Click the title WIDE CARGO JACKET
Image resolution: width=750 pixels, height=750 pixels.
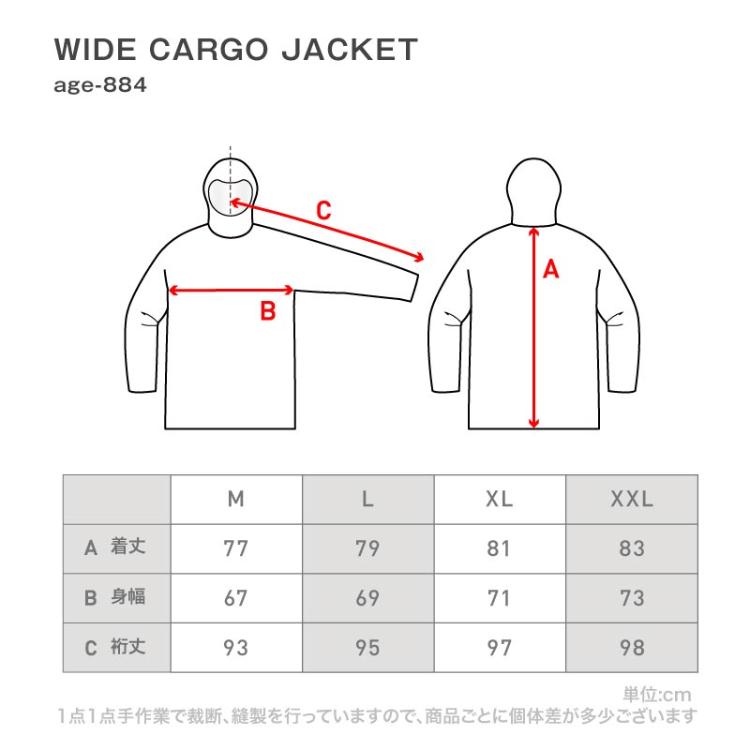235,50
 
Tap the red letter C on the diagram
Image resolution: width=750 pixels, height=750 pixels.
323,211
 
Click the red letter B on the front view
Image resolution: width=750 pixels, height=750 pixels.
267,311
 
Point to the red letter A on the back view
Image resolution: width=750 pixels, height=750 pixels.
551,270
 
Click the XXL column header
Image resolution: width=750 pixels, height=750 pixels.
632,500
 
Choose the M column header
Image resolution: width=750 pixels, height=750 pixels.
236,500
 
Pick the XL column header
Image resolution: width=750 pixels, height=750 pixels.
500,500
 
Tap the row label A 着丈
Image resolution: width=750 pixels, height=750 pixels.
116,548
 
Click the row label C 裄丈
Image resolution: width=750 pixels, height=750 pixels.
116,647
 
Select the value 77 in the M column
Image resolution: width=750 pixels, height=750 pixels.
236,548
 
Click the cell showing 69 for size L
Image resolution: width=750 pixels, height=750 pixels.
367,598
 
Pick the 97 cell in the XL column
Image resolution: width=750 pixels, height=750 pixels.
500,647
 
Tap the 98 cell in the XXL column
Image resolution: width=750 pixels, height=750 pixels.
632,647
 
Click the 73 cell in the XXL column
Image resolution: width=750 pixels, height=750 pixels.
632,598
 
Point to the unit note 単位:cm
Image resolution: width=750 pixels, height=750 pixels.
656,696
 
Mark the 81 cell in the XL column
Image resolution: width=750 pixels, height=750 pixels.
500,548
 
